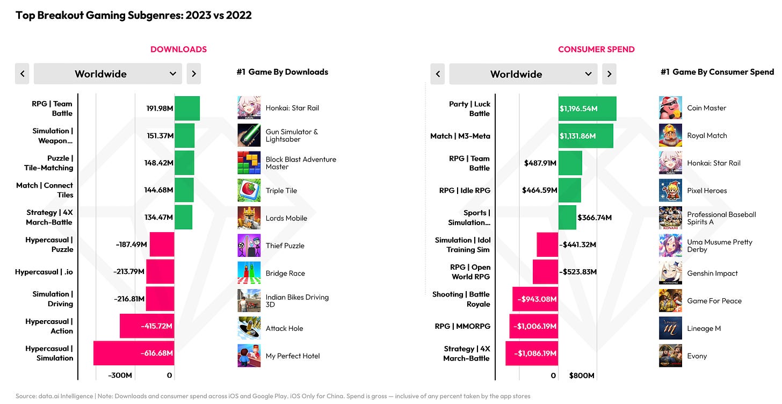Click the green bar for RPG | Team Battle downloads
[x=187, y=108]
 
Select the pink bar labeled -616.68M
[x=134, y=353]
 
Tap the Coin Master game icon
[x=670, y=108]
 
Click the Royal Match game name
[x=707, y=135]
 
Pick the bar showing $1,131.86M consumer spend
[x=585, y=136]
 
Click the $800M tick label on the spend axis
[x=582, y=376]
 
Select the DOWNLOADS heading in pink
[x=178, y=49]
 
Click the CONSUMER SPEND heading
[x=596, y=49]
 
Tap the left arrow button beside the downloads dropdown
[x=22, y=74]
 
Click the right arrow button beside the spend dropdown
[x=609, y=74]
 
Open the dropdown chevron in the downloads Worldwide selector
[x=173, y=74]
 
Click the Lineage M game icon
[x=670, y=328]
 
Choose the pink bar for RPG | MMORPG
[x=533, y=326]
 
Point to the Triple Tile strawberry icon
[x=249, y=190]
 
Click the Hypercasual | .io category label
[x=44, y=272]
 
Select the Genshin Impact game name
[x=712, y=273]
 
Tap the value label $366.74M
[x=595, y=218]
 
